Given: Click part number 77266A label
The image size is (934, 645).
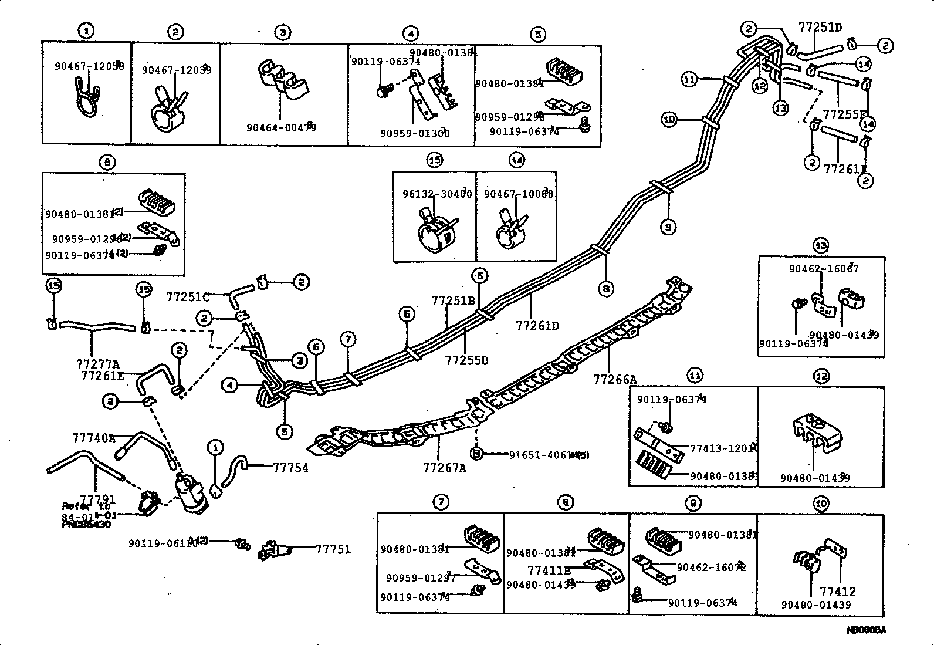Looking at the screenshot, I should tap(614, 380).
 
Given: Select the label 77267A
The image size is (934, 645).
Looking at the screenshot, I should tap(444, 468).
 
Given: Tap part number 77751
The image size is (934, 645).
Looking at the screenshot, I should tap(333, 549).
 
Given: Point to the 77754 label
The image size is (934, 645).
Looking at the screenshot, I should tap(290, 468).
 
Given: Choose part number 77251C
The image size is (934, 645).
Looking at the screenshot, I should tap(187, 296).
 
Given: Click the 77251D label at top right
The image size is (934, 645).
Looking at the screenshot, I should tap(820, 27).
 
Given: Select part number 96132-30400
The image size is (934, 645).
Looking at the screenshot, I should tap(437, 194).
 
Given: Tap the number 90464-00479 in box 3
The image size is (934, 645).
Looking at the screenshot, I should tap(281, 127).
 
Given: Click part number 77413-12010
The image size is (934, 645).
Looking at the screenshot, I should tap(724, 448).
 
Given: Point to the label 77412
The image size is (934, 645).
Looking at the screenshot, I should tap(838, 592).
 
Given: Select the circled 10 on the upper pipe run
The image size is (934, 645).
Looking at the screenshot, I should tap(669, 120).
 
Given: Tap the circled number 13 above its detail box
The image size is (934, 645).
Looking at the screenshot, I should tap(820, 245).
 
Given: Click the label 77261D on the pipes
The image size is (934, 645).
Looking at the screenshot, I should tap(537, 325).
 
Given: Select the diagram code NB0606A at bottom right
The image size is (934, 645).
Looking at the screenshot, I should tap(865, 630).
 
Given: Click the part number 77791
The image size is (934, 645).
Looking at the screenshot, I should tap(97, 499).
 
